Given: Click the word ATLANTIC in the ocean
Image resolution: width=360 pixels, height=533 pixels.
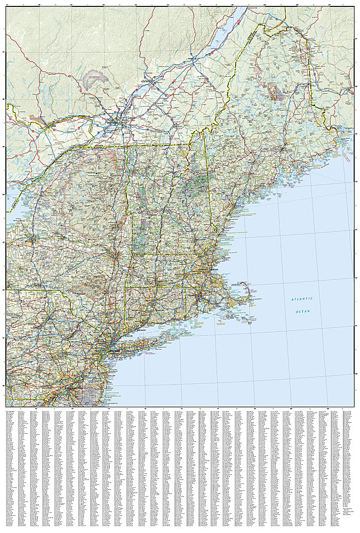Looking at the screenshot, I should click(x=302, y=300).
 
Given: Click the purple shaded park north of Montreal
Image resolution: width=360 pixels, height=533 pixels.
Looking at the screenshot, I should click(x=96, y=80).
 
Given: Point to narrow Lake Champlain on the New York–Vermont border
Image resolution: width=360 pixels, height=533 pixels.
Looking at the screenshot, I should click(x=126, y=171).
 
